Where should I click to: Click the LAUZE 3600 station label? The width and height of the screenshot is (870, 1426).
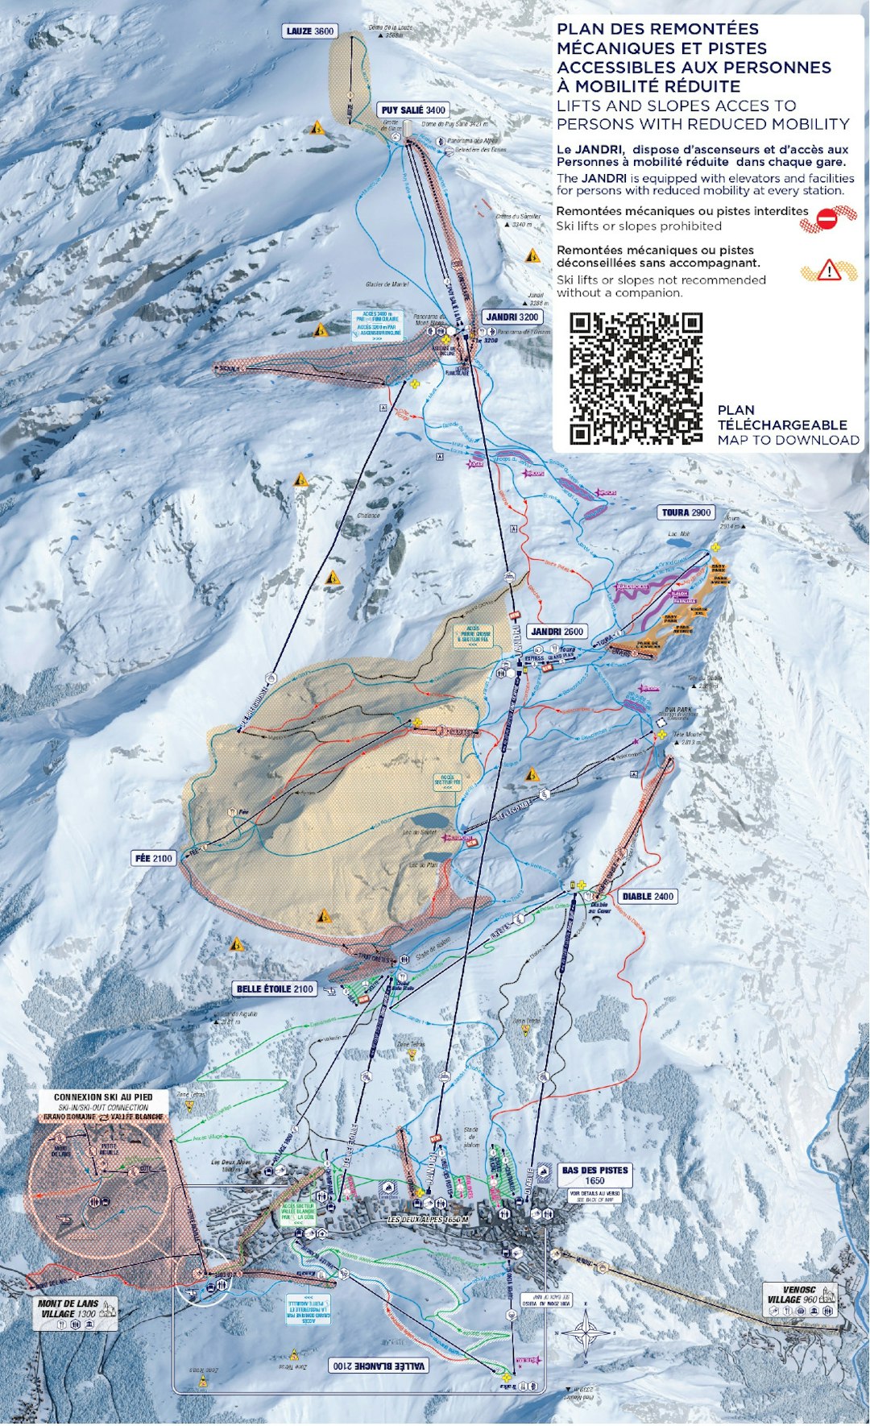point(309,31)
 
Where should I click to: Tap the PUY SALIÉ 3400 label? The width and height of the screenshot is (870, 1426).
point(413,110)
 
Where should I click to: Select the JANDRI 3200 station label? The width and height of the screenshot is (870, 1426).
point(512,317)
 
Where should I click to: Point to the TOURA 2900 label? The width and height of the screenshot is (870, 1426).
point(686,512)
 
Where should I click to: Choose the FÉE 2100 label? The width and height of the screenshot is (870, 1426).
point(154,858)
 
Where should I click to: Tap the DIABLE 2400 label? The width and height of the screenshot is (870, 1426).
point(648,896)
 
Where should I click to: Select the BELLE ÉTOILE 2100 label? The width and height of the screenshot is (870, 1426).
point(275,989)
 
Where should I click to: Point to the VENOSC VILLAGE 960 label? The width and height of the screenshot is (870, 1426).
point(793,1294)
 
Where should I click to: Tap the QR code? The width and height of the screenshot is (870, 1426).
point(636,379)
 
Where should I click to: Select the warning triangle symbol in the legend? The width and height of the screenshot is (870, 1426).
point(828,272)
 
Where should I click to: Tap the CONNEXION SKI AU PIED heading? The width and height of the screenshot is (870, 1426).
point(101,1097)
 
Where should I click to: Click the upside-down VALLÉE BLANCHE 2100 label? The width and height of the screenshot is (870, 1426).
point(379,1366)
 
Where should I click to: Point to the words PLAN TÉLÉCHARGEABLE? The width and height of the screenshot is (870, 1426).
point(781,417)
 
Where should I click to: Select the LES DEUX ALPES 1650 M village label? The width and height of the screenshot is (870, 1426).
point(427,1220)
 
